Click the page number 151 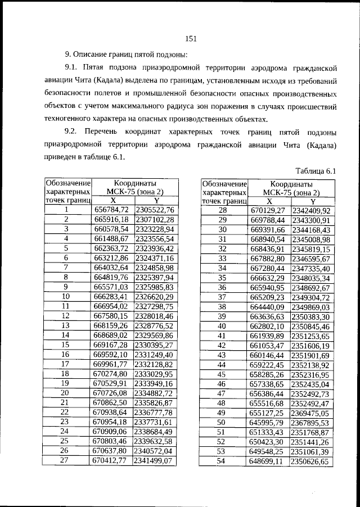190,38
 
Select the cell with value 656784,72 111,210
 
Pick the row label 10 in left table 66,296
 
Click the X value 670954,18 111,422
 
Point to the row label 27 66,460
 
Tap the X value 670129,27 268,210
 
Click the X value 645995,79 268,422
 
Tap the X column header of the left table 112,200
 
